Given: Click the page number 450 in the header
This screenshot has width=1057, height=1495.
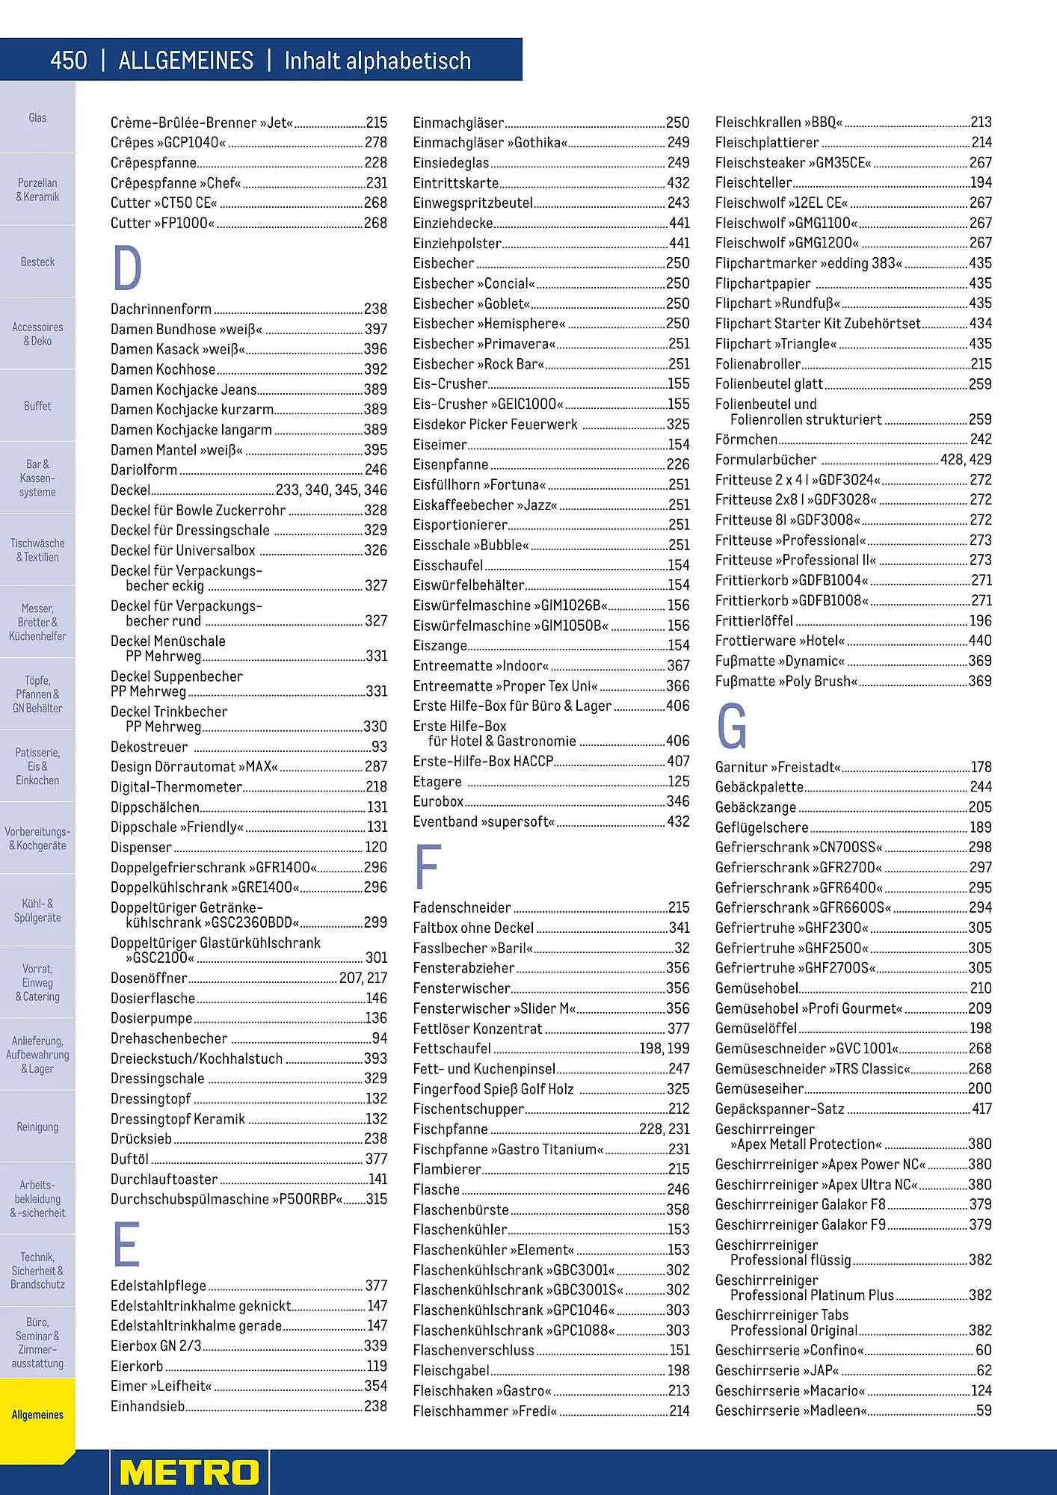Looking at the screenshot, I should (69, 61).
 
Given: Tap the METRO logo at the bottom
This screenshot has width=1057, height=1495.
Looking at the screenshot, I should (190, 1472).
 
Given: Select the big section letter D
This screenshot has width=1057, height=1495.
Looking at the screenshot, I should (127, 269).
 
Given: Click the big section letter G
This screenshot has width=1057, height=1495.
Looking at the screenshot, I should (731, 727).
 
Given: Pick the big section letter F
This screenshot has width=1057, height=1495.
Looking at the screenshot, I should (427, 866).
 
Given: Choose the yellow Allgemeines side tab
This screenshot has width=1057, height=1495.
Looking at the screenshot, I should (37, 1414).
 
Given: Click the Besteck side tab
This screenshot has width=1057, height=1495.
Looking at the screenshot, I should (37, 262).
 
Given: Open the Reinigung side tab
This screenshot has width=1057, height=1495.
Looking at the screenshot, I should (37, 1126).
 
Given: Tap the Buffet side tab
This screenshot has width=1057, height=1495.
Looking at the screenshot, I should (37, 406).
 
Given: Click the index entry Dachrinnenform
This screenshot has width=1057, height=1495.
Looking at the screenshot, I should (161, 309).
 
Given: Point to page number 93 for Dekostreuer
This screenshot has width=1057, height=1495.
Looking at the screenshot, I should (379, 747).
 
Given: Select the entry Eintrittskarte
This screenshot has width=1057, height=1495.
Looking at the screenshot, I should (455, 182).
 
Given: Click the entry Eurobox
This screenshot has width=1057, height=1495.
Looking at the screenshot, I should (438, 801).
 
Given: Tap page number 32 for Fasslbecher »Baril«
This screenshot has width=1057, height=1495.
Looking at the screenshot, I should (682, 948).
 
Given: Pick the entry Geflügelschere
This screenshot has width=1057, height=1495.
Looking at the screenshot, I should (762, 827).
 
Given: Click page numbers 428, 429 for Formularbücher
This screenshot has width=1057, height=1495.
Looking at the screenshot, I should (966, 460).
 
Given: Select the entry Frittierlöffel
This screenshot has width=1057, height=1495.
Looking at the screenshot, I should (754, 620).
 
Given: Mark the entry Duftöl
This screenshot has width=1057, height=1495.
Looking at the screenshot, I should (129, 1159).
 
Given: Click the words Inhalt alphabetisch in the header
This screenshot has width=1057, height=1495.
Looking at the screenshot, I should (377, 61).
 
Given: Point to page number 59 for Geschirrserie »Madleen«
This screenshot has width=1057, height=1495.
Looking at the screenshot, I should (984, 1411).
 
